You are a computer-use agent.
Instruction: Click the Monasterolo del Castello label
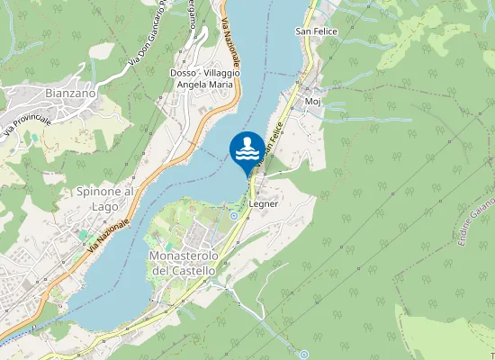[x=182, y=263]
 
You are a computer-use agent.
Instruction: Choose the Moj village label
[x=313, y=102]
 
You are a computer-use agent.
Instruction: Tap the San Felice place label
[x=316, y=31]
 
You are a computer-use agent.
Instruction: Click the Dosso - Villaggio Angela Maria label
[x=202, y=78]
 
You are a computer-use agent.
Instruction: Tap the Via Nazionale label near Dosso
[x=229, y=40]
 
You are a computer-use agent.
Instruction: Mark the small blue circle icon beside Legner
[x=234, y=215]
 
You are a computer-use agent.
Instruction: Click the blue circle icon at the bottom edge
[x=304, y=354]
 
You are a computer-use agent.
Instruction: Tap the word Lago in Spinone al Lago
[x=104, y=206]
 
